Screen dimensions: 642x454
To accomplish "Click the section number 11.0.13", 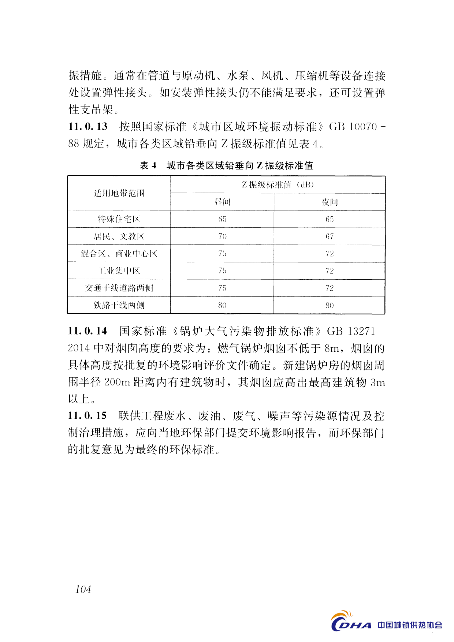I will (x=88, y=127).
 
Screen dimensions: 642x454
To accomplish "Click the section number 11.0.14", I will (x=88, y=331).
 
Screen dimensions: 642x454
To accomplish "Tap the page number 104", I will (x=83, y=589).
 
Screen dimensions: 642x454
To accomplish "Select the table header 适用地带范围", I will (x=119, y=193).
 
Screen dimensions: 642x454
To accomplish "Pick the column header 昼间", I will (x=222, y=202).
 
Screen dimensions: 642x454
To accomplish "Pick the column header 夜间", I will (x=330, y=202).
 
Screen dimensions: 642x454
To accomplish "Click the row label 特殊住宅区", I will (x=119, y=219).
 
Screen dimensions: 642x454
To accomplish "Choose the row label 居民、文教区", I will (x=119, y=236).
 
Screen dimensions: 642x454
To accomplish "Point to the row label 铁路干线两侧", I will (x=119, y=305).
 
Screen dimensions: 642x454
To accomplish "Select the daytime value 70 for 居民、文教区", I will (x=222, y=236).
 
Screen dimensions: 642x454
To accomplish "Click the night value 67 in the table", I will (x=330, y=236).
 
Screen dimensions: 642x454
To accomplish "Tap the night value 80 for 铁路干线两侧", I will (x=330, y=305).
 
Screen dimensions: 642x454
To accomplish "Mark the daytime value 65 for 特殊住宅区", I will (x=222, y=219).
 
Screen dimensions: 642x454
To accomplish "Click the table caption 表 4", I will (x=148, y=166).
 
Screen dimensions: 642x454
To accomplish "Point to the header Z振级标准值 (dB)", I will (x=278, y=184).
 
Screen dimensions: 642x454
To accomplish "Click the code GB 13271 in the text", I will (x=351, y=331).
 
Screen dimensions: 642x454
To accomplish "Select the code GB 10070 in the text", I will (x=353, y=127).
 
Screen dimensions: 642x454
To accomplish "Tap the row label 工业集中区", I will (x=119, y=270).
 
